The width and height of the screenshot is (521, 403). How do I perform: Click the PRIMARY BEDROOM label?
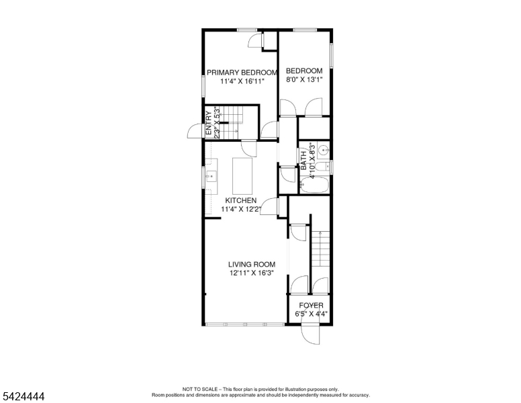pyautogui.click(x=242, y=73)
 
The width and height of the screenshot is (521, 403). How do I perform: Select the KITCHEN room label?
pyautogui.click(x=240, y=201)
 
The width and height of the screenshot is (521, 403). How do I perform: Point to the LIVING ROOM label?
pyautogui.click(x=252, y=265)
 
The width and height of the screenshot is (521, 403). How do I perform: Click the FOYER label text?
pyautogui.click(x=311, y=306)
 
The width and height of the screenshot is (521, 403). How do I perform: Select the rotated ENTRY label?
pyautogui.click(x=209, y=125)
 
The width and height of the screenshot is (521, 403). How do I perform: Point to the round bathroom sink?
pyautogui.click(x=322, y=150)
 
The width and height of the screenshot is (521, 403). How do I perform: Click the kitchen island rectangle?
pyautogui.click(x=242, y=174)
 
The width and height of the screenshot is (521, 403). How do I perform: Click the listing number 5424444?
pyautogui.click(x=23, y=397)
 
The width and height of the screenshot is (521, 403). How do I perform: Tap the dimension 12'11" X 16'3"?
pyautogui.click(x=252, y=273)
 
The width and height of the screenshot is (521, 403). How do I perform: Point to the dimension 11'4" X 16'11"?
pyautogui.click(x=242, y=81)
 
